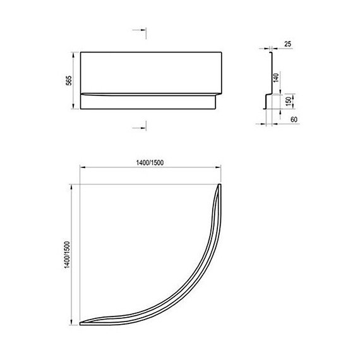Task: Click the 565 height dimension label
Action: tap(69, 80)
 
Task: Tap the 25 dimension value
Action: tap(287, 44)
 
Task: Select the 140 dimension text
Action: tap(276, 78)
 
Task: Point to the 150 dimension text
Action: tap(289, 100)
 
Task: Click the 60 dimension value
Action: tap(294, 119)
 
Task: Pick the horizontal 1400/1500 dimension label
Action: tap(150, 163)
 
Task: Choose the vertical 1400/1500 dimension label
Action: tap(66, 255)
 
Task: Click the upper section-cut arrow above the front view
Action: tap(140, 30)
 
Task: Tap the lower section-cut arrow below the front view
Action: tap(140, 128)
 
